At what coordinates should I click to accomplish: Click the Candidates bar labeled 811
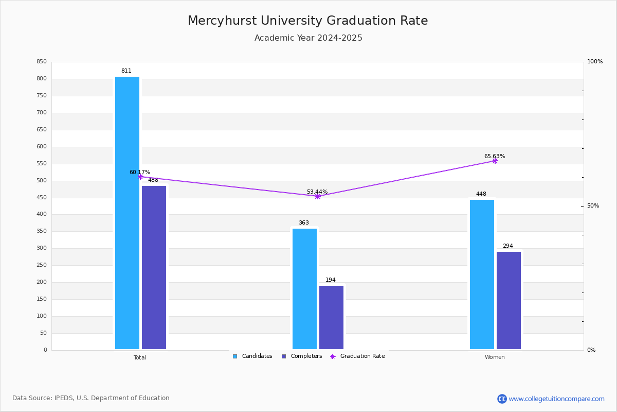128,213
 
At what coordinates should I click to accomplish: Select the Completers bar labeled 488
154,267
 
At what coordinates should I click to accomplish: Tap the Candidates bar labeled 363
304,288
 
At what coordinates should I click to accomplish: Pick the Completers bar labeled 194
331,317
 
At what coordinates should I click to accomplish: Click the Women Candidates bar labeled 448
482,274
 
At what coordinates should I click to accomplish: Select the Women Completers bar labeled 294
509,300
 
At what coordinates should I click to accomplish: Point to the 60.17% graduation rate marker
140,177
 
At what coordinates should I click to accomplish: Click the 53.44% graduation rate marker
318,196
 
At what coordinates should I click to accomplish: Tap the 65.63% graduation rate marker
495,161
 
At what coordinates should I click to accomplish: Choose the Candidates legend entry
252,356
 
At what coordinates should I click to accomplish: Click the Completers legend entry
302,356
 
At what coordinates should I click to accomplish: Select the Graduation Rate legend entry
357,356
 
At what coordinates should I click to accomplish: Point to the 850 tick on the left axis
42,61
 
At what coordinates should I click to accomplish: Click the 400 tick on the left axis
42,214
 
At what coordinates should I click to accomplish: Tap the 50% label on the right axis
593,205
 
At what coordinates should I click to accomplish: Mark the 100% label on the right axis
595,61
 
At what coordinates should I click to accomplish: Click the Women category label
495,357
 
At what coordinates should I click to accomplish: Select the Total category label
140,357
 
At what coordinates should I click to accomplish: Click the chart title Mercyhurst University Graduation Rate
308,21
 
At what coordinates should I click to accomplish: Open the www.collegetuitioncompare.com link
556,399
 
